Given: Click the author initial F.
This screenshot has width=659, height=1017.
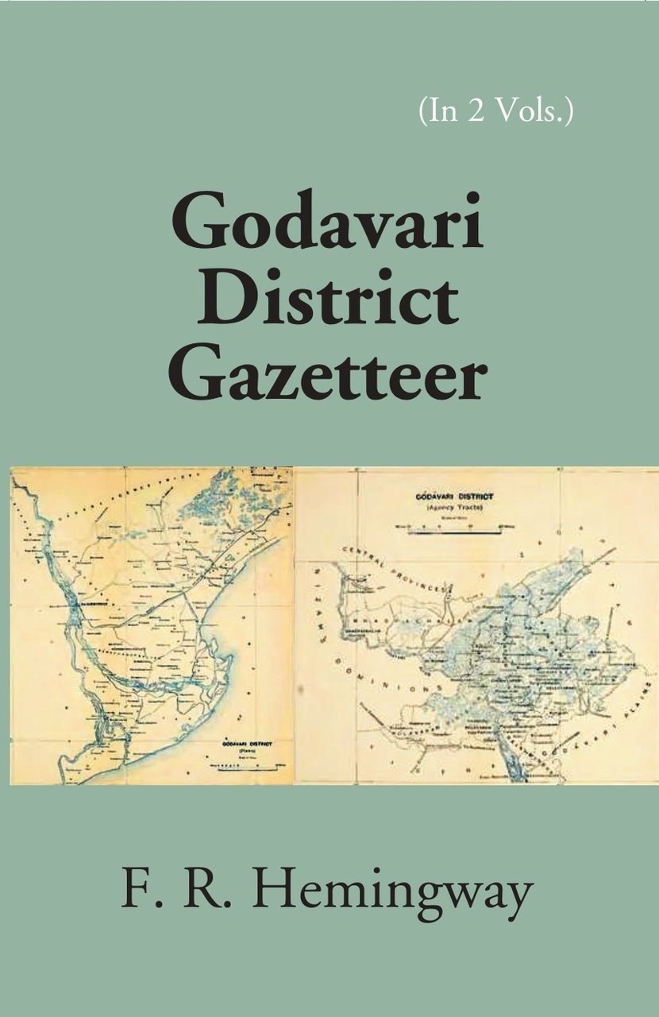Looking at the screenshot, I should [x=134, y=891].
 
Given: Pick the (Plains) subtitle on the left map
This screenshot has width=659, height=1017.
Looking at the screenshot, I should [x=238, y=752].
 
